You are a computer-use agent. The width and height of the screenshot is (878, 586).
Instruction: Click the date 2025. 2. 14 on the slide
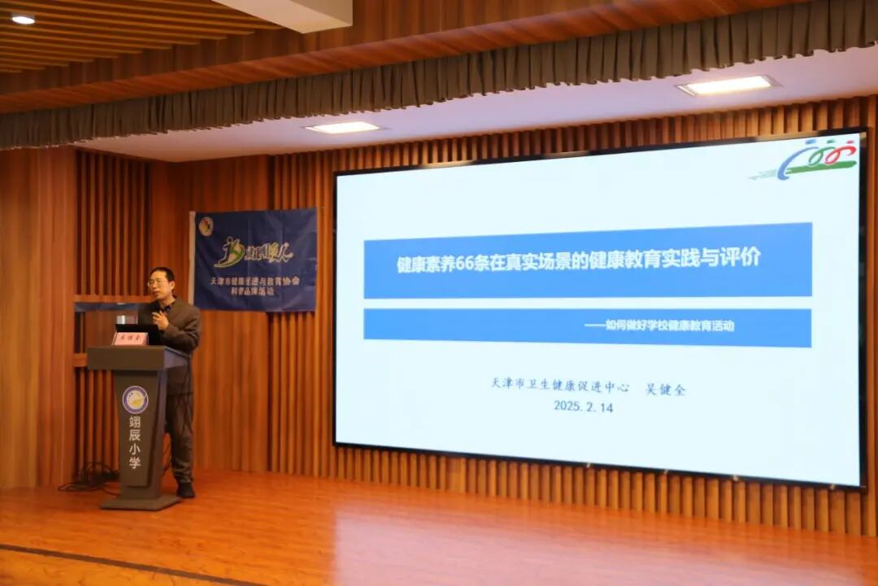583,406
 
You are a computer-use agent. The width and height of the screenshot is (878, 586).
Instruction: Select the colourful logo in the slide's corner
816,158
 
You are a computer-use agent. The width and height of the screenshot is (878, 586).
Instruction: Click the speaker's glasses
158,282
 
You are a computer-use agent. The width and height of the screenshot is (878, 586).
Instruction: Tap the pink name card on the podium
130,338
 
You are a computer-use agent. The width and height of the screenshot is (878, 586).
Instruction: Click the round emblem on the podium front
135,399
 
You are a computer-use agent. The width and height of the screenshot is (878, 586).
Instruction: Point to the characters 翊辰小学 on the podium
135,446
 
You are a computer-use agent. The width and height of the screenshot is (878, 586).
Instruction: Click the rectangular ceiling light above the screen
727,85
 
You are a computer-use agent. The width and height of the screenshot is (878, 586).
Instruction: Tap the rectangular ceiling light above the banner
343,128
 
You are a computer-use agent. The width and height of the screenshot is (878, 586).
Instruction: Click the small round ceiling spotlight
23,20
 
